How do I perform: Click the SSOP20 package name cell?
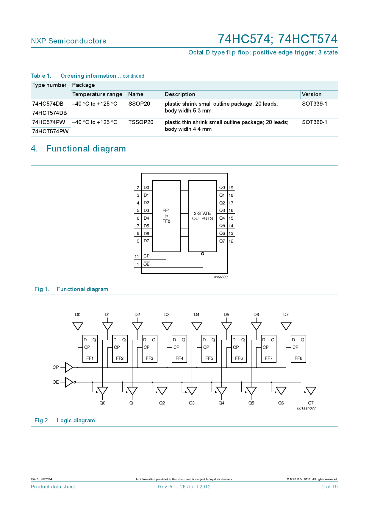coord(139,104)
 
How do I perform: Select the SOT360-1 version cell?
coord(314,122)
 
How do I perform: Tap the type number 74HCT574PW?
coord(50,132)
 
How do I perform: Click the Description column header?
coord(180,94)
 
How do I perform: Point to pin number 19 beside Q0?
coord(231,188)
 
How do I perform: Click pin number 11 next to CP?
coord(137,256)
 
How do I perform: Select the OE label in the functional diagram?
coord(146,264)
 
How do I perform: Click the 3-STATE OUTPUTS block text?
coord(202,216)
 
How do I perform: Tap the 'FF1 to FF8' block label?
coord(166,216)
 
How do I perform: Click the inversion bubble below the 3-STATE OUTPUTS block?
coord(203,254)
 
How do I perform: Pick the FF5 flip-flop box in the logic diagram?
coord(209,349)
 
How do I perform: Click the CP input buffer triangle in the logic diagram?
coord(69,367)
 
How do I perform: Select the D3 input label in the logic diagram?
coord(167,315)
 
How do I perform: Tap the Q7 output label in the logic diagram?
coord(311,403)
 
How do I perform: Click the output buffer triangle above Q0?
coord(102,390)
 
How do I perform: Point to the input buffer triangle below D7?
coord(286,326)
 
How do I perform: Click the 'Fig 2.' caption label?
coord(42,421)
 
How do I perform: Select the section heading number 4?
coord(34,149)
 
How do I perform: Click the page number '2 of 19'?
coord(330,487)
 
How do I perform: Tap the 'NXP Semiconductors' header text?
coord(68,41)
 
